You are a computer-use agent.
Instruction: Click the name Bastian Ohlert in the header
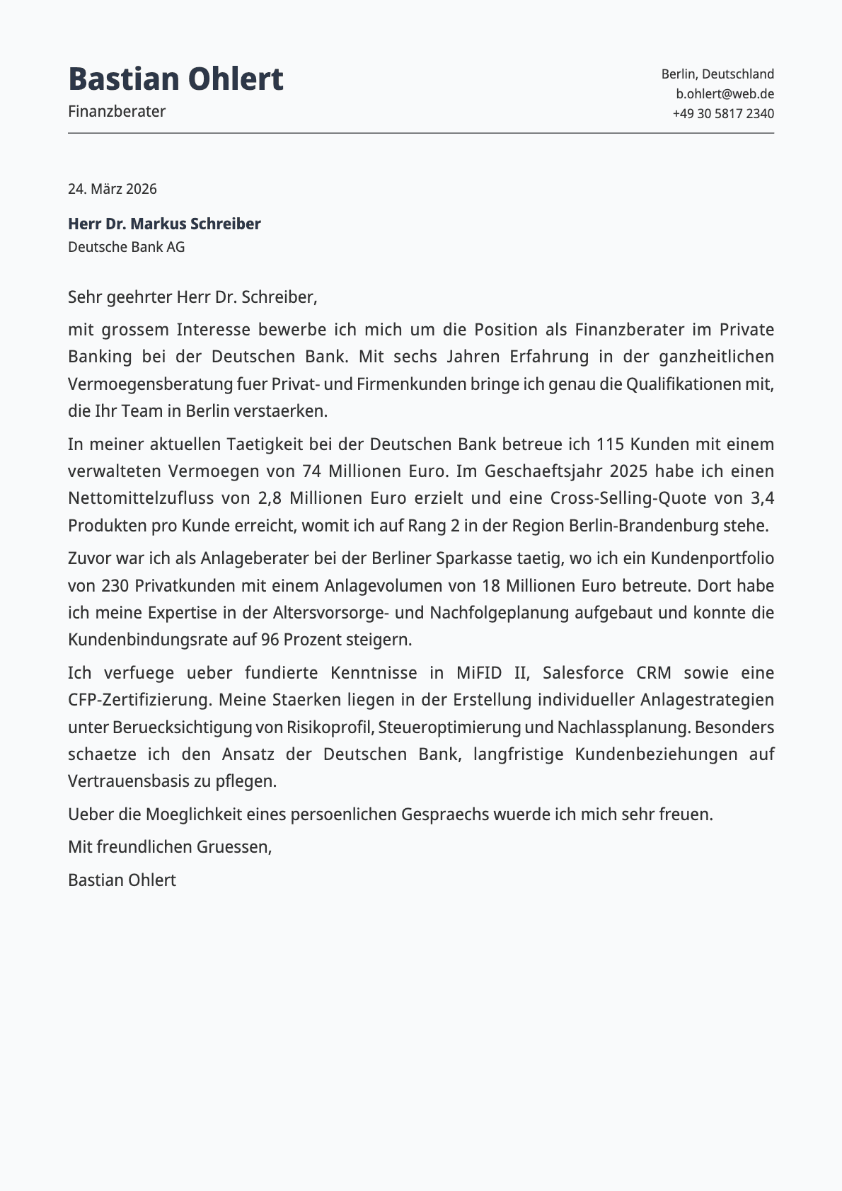175,79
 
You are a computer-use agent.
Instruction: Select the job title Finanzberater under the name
117,111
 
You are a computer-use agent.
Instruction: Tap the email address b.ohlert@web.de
725,93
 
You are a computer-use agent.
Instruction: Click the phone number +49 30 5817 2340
723,113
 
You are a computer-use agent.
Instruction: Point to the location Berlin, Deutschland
717,74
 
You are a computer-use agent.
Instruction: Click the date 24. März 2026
113,189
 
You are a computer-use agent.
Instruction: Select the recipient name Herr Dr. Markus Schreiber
164,224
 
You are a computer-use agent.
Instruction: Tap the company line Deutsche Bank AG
126,247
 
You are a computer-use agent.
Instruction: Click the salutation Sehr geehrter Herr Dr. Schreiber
192,297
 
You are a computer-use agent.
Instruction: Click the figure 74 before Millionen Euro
311,471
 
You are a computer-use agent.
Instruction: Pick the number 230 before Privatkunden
114,586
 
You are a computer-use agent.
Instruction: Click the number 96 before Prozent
270,640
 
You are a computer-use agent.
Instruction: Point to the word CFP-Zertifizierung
140,700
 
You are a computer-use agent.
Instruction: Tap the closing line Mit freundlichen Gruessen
170,847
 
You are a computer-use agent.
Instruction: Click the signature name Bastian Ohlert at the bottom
122,880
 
